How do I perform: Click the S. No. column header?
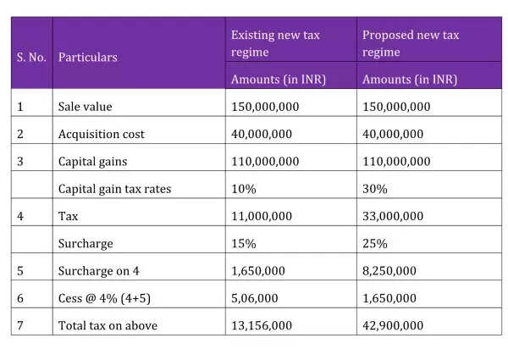(31, 58)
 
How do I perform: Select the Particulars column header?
(88, 58)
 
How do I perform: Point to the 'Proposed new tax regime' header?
(411, 43)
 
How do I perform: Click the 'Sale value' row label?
(85, 107)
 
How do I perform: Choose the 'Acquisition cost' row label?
(101, 134)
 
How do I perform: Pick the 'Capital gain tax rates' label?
(114, 189)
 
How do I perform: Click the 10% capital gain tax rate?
(244, 189)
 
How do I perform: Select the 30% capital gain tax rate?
(375, 189)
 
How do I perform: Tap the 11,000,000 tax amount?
(262, 216)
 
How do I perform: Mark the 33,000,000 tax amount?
(393, 216)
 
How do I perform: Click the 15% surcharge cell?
(244, 244)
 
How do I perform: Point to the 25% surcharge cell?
(375, 244)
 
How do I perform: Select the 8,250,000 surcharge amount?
(389, 271)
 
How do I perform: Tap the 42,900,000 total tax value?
(393, 325)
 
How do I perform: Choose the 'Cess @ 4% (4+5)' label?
(104, 298)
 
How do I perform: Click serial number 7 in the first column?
(20, 325)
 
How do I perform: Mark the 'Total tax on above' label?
(108, 325)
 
